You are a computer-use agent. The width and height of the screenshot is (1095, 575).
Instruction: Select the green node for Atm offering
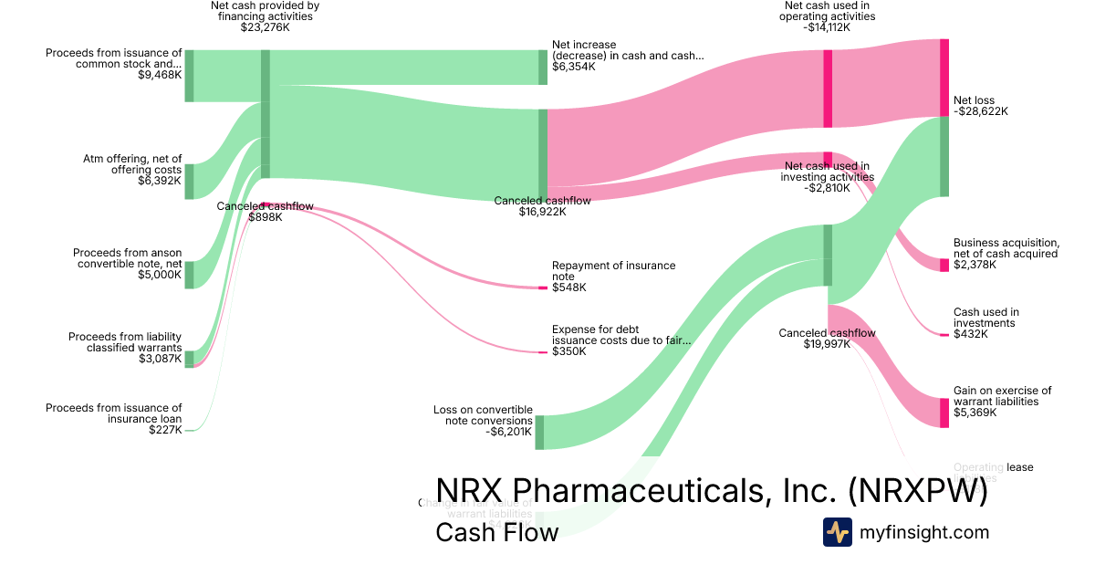point(189,182)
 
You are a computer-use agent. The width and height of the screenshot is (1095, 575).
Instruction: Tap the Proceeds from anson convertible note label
point(127,258)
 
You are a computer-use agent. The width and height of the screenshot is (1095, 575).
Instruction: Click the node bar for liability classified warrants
point(189,359)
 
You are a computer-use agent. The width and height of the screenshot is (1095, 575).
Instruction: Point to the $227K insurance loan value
point(165,429)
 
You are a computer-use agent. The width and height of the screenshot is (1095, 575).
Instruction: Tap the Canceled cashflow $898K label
point(265,212)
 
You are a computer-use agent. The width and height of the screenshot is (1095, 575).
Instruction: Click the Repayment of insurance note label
point(613,271)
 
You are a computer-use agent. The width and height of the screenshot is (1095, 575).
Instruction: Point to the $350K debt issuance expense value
point(569,351)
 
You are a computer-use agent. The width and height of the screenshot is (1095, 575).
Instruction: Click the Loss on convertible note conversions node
point(539,432)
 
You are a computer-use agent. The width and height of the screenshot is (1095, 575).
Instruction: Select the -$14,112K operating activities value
point(827,27)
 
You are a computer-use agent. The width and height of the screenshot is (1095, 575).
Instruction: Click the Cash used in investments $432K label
point(985,323)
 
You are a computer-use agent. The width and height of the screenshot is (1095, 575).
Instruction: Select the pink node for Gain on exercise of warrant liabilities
point(944,413)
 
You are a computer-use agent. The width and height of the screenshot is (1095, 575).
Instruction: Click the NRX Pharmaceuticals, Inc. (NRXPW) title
point(712,491)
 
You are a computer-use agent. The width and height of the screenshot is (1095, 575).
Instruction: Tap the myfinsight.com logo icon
point(837,532)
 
